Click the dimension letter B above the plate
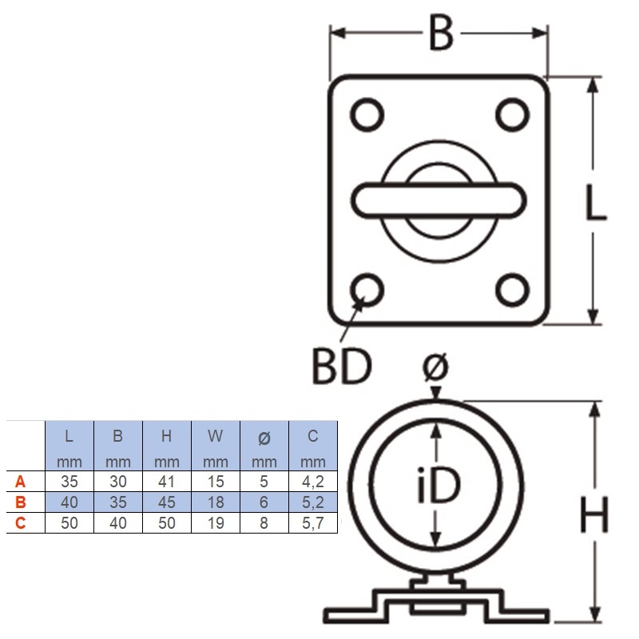(x=441, y=34)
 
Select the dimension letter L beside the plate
(x=595, y=202)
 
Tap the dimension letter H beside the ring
(x=594, y=514)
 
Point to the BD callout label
(x=343, y=366)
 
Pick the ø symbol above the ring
(x=435, y=366)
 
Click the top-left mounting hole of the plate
(x=367, y=114)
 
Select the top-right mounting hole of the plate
(x=512, y=114)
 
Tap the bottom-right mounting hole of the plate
(x=512, y=290)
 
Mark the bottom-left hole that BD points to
(x=367, y=290)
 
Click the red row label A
(x=21, y=482)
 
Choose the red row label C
(x=21, y=523)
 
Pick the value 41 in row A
(x=167, y=482)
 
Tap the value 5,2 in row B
(x=313, y=502)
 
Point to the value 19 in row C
(x=216, y=523)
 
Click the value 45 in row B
(x=167, y=502)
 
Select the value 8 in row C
(x=264, y=523)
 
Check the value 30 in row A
(x=117, y=482)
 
